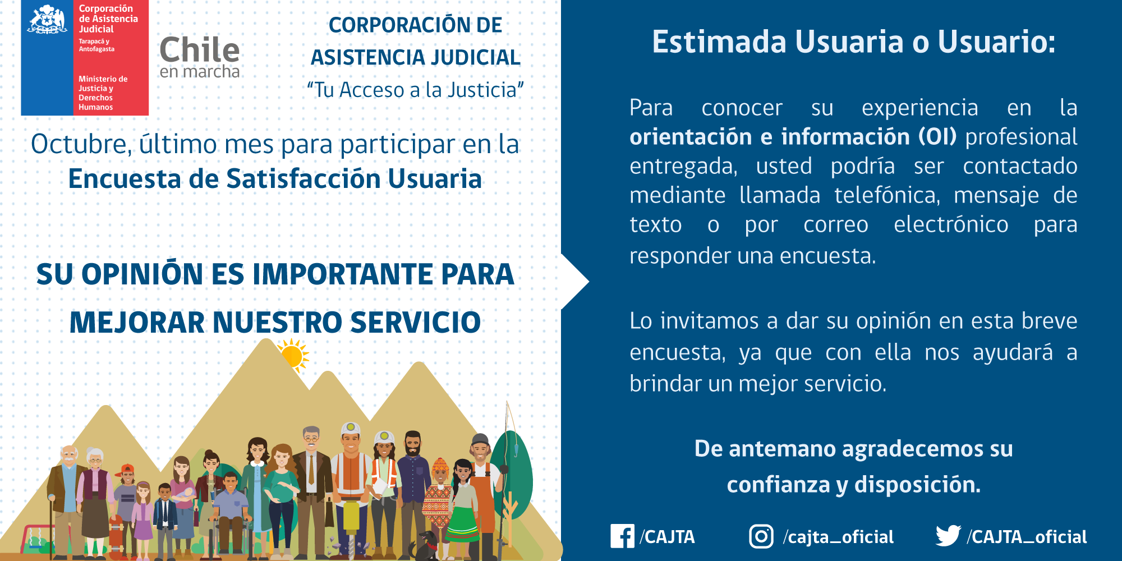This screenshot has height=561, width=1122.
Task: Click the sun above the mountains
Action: tap(292, 355)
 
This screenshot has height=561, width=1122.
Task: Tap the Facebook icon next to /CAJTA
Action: tap(622, 536)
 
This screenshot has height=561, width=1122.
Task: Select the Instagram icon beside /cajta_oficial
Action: tap(761, 536)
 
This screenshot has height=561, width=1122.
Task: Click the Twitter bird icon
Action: tap(948, 536)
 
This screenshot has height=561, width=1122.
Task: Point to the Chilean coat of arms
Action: tap(47, 20)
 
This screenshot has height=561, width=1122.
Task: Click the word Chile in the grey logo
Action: tap(199, 50)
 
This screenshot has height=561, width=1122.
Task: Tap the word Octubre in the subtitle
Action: tap(81, 144)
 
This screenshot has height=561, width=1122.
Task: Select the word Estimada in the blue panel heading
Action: tap(719, 42)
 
